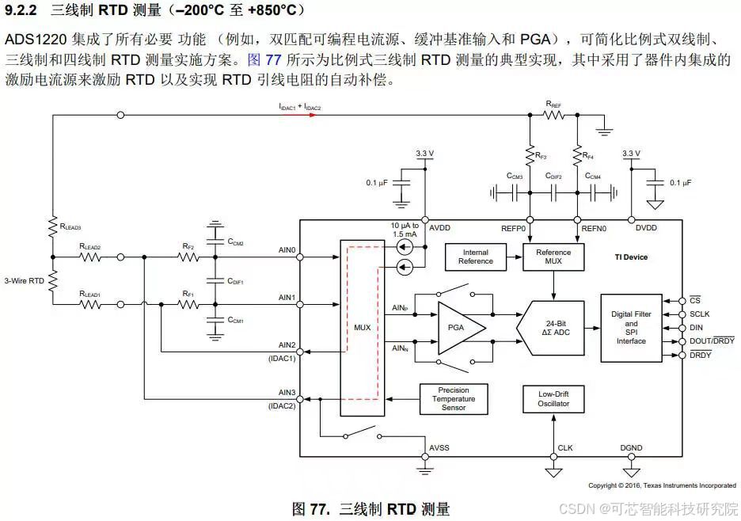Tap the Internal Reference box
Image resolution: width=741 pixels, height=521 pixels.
(x=476, y=257)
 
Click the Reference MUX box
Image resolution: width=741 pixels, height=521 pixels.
(x=554, y=257)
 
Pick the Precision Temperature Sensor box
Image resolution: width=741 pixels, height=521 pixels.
(x=454, y=399)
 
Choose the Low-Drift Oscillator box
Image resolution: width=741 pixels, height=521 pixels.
(x=553, y=399)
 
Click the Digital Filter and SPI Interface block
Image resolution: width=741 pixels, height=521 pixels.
(x=631, y=328)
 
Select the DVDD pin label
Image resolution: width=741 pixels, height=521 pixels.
(x=645, y=228)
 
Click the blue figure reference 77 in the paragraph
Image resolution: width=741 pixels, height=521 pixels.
(x=275, y=59)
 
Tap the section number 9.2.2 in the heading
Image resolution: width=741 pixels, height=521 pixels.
(x=22, y=10)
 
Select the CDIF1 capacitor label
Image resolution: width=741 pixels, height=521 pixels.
(x=235, y=280)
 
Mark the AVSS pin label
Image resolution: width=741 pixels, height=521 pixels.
(x=439, y=448)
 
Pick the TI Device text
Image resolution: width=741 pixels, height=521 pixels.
(x=631, y=257)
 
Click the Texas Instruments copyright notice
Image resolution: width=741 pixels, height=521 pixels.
(x=662, y=485)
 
